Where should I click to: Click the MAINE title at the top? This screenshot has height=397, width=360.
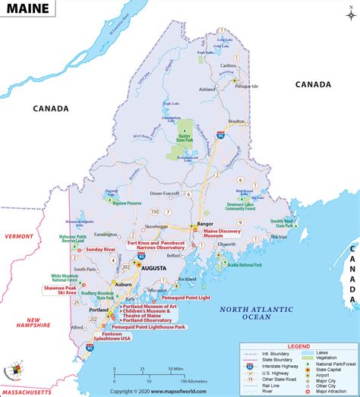pos(30,10)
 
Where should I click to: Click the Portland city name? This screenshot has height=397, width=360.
pos(96,310)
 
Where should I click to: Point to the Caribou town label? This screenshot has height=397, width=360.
pos(226,66)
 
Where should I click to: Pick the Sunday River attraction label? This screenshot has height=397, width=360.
pos(104,249)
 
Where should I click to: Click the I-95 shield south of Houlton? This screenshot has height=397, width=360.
pos(219,135)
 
